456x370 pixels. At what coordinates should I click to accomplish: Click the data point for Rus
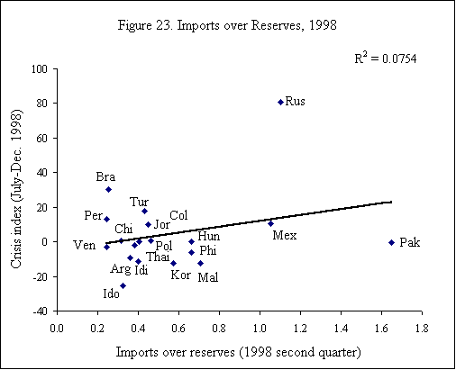280,102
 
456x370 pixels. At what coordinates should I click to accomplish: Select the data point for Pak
391,242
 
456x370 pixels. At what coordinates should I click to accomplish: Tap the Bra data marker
108,189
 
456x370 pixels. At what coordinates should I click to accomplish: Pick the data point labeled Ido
123,285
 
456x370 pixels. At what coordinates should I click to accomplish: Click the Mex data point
270,223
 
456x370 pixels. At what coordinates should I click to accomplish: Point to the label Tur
140,202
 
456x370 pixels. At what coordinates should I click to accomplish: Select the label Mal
207,276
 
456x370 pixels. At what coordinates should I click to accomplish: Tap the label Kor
180,274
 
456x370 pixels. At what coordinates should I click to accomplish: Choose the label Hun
208,236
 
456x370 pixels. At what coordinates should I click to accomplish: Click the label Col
178,215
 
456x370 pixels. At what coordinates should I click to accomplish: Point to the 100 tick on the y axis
40,69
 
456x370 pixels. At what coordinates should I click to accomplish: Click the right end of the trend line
391,202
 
